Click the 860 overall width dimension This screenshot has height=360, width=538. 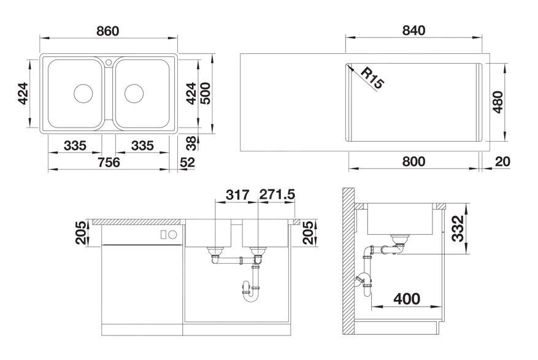[x=108, y=31]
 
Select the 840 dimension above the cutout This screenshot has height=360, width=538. [x=413, y=31]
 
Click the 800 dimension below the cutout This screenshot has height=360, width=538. [x=413, y=161]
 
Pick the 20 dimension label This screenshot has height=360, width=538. [x=502, y=161]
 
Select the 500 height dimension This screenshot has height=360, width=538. [x=205, y=93]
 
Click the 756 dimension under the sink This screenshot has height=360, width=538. [x=109, y=162]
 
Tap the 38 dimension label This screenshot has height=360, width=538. [x=192, y=144]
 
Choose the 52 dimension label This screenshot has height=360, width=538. [x=187, y=162]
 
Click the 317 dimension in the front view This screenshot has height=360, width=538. [x=237, y=195]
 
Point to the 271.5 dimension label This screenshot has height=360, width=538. [x=277, y=194]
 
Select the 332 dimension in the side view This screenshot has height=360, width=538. [x=458, y=229]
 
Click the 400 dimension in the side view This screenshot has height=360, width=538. [x=407, y=299]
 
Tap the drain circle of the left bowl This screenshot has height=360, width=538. [x=83, y=93]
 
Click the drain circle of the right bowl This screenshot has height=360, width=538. [x=134, y=93]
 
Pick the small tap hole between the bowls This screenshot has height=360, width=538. [x=109, y=63]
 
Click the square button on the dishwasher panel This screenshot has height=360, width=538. [x=164, y=235]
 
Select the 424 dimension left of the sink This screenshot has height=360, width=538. [x=23, y=93]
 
